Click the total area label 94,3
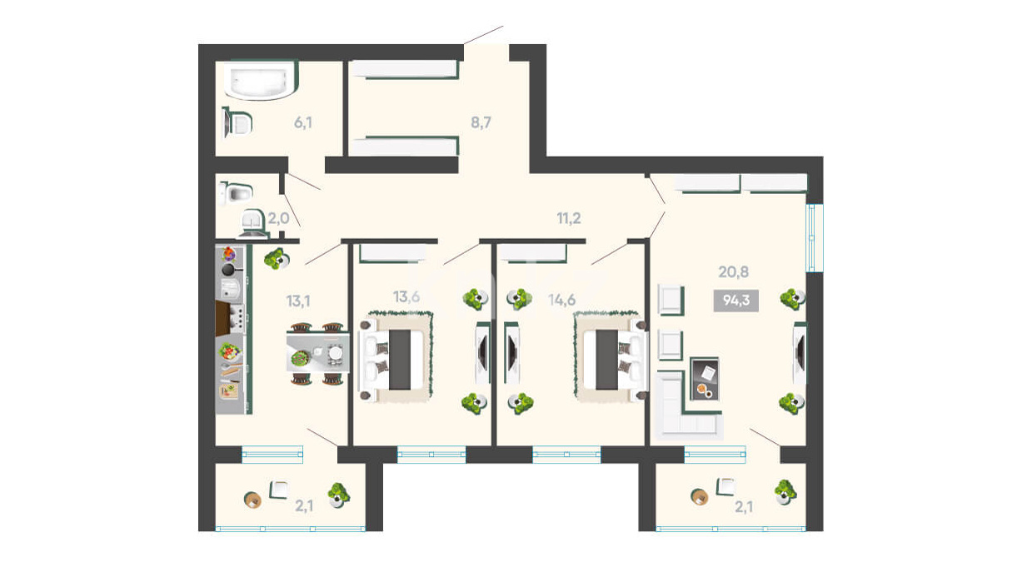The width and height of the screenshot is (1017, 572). coord(736,301)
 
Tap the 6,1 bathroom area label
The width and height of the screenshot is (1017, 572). coord(303,122)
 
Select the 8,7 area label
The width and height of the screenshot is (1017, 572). coord(481,122)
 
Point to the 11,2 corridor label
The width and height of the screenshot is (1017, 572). coord(569,218)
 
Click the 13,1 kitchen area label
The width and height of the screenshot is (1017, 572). coord(298,301)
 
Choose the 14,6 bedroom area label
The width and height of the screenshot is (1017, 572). coord(561,300)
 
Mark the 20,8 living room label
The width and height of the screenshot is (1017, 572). coord(733,272)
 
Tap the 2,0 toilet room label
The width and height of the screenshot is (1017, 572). coord(278,218)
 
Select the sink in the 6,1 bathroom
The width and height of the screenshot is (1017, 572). coord(237,123)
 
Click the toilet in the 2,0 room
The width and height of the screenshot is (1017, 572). coord(235,194)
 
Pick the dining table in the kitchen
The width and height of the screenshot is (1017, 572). coord(318,353)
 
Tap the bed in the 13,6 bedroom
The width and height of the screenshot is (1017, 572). coord(393,359)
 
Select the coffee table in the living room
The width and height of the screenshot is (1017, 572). coord(705,379)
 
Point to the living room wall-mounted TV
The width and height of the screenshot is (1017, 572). coord(800,353)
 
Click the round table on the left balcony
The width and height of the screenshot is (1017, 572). coord(252,500)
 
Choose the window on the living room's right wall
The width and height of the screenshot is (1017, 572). coord(815,238)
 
